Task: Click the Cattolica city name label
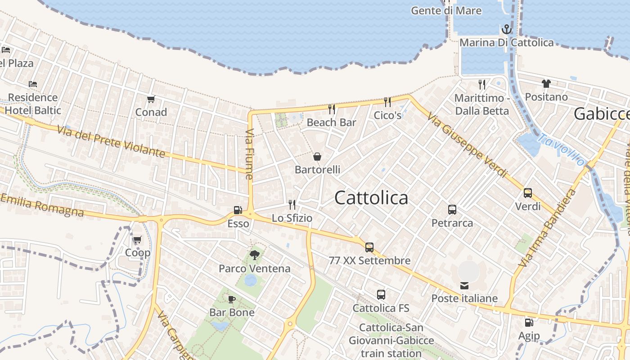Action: tap(371, 198)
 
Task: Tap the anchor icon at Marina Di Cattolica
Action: tap(507, 30)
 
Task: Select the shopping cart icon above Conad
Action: tap(151, 99)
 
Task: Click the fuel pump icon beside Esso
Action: tap(238, 210)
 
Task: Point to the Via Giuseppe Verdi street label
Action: tap(467, 145)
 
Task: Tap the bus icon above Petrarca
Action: tap(452, 210)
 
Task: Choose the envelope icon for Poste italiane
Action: tap(464, 285)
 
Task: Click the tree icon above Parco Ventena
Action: tap(255, 255)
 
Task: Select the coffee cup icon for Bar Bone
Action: tap(232, 299)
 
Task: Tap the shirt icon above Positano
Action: tap(546, 84)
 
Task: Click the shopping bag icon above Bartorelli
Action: tap(317, 157)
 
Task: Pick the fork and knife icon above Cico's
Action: tap(387, 102)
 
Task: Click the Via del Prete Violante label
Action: tap(112, 141)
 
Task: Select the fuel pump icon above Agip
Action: tap(529, 322)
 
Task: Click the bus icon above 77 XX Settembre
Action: tap(369, 247)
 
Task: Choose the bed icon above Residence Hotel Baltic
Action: tap(33, 84)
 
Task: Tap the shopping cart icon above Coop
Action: tap(137, 239)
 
